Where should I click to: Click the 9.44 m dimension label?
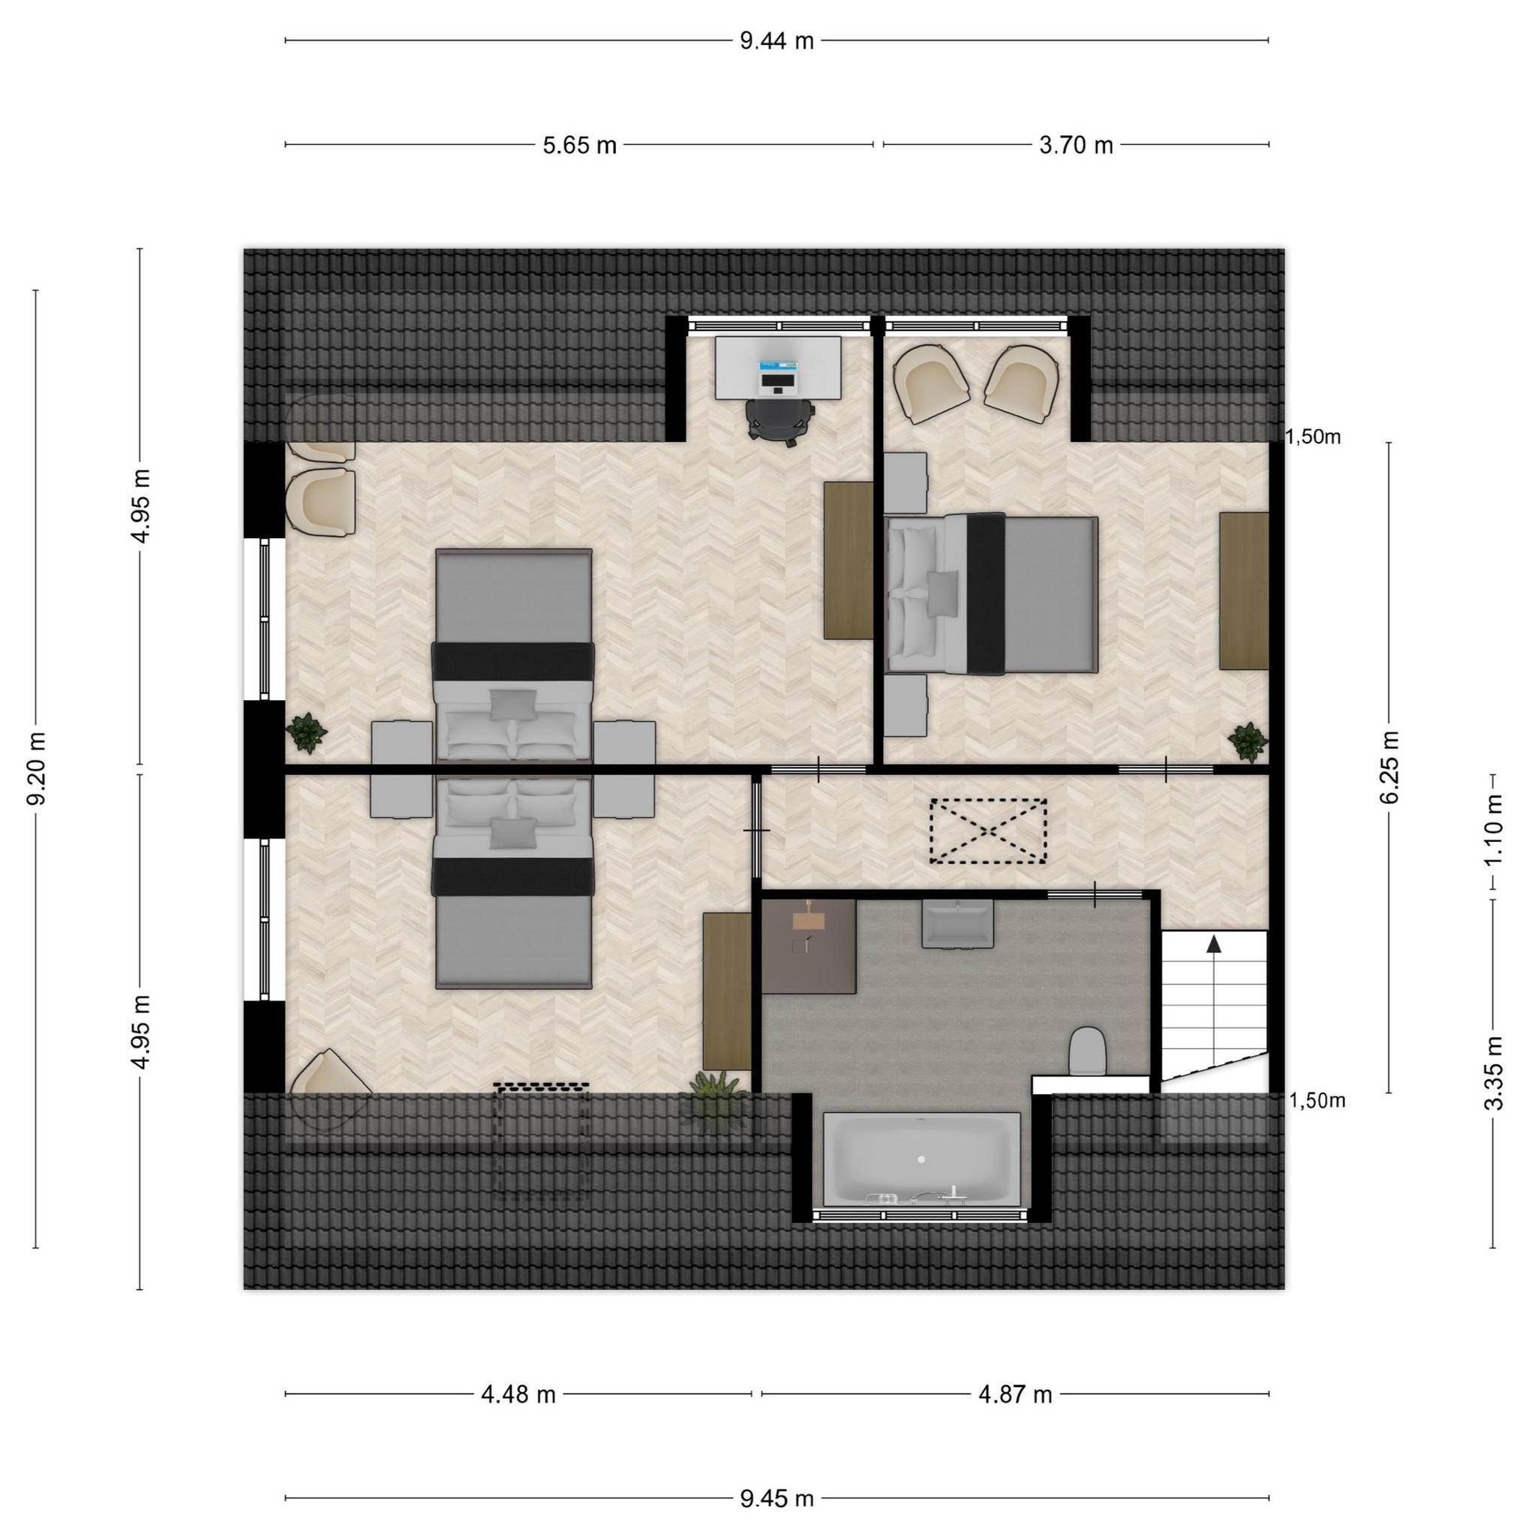tap(776, 41)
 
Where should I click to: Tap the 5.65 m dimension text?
tap(580, 146)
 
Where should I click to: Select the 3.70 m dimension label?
tap(1076, 146)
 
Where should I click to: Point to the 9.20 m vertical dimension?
tap(37, 768)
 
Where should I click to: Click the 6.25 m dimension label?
tap(1389, 767)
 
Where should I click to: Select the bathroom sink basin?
tap(957, 923)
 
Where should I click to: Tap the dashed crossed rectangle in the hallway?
tap(988, 831)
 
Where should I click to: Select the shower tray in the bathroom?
tap(810, 946)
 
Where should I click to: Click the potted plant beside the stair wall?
tap(1248, 741)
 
